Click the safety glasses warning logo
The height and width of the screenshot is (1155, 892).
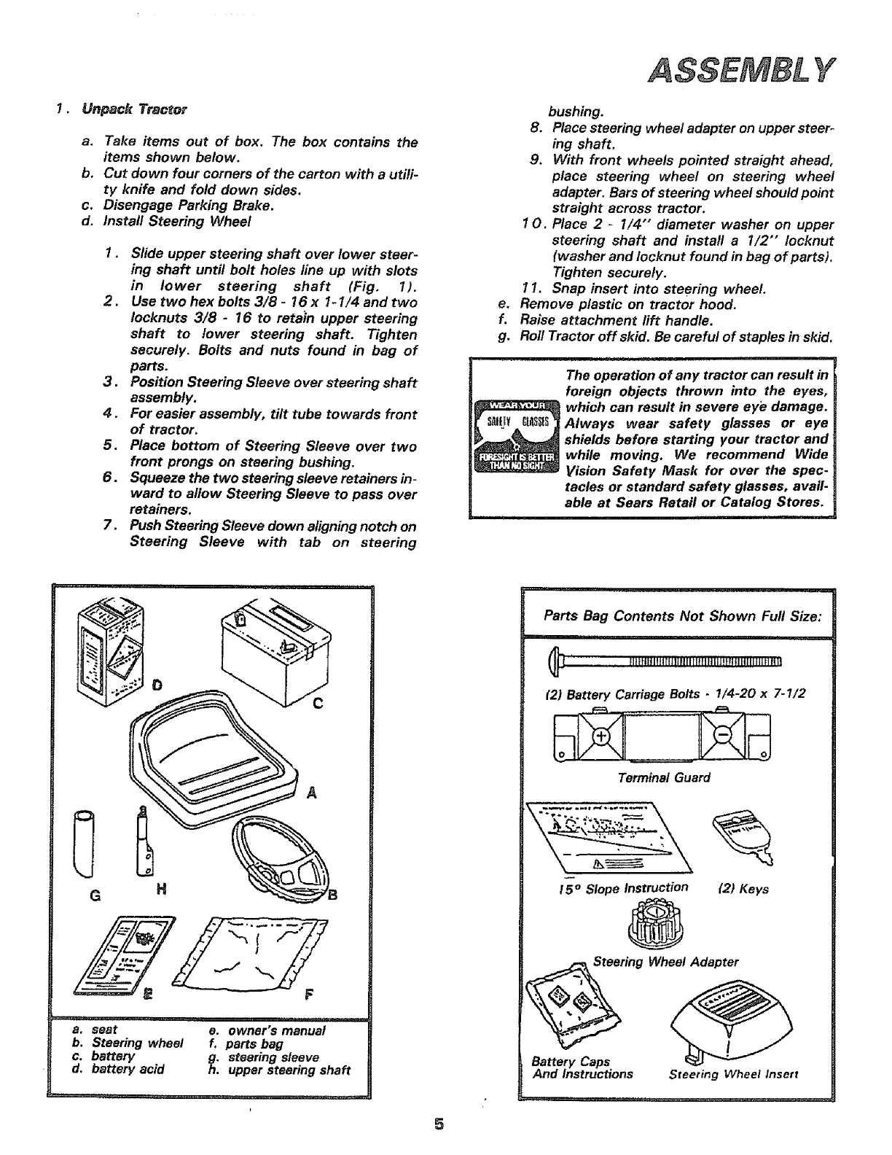(x=516, y=437)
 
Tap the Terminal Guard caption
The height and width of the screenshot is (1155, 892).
(x=662, y=777)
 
